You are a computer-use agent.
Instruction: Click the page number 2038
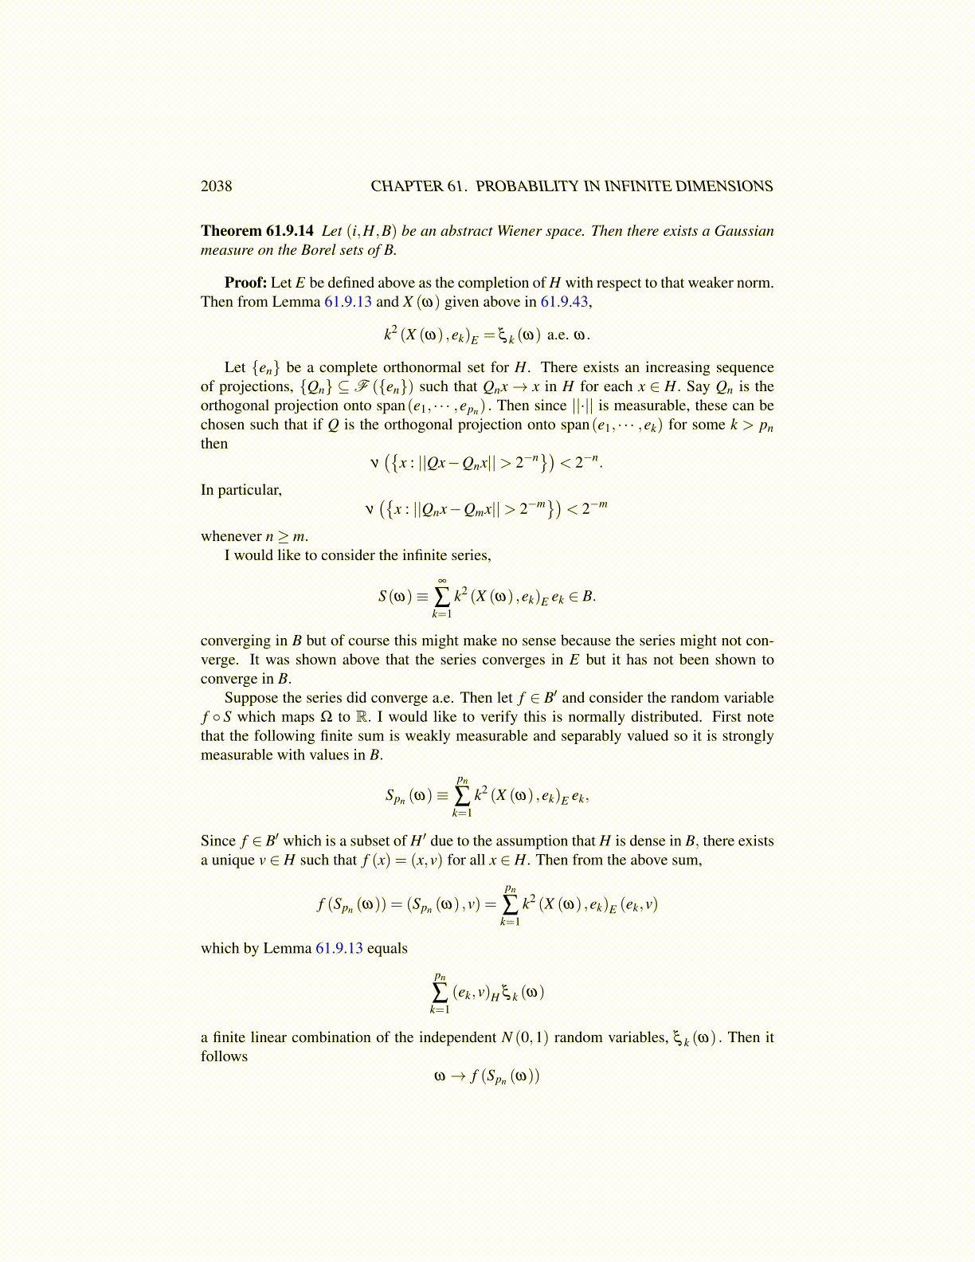coord(216,186)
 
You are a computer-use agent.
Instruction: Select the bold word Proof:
coord(245,283)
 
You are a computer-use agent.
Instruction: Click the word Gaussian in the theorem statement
coord(744,231)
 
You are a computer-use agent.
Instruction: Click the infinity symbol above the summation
coord(441,580)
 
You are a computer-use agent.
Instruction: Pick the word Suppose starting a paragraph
coord(251,698)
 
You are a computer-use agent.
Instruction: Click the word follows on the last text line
coord(224,1056)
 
